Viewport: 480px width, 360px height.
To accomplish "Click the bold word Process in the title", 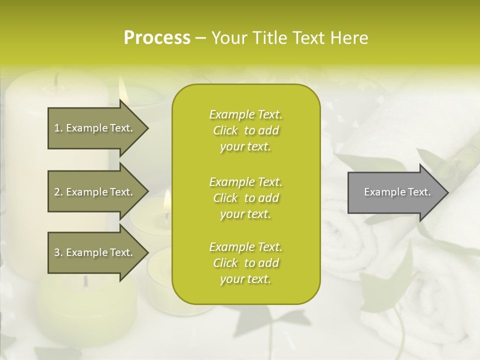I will (157, 38).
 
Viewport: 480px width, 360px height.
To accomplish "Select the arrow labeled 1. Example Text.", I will (95, 128).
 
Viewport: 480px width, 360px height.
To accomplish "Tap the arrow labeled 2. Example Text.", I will (95, 192).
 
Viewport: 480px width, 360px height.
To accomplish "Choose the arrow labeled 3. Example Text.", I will (95, 252).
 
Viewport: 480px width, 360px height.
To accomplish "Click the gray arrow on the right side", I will (395, 192).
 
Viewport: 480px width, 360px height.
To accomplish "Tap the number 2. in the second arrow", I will (58, 192).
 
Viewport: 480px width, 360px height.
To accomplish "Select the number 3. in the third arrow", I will (58, 252).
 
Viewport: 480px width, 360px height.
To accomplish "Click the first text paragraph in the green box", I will (245, 130).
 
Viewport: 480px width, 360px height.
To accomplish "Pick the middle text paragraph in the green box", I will (245, 198).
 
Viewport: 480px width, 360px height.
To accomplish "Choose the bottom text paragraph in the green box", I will (245, 263).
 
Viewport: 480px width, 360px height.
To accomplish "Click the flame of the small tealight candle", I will (167, 200).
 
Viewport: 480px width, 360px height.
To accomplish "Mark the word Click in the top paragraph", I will (225, 130).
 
